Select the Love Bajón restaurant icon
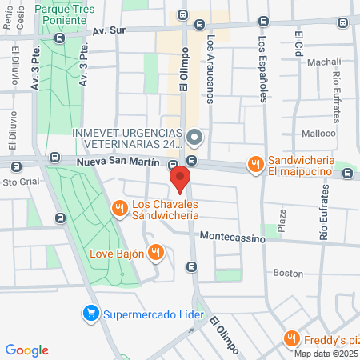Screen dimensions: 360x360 tap(156, 254)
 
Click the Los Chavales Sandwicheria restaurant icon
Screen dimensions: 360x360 tap(119, 209)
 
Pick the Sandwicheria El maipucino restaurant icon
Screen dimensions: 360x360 tap(255, 164)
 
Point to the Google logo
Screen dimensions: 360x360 tap(26, 350)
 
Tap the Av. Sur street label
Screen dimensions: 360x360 tap(110, 30)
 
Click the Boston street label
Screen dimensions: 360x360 tap(288, 273)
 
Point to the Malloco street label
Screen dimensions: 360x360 tap(318, 134)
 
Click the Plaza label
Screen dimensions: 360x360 tap(281, 218)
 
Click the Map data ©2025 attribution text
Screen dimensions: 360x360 tap(326, 354)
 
